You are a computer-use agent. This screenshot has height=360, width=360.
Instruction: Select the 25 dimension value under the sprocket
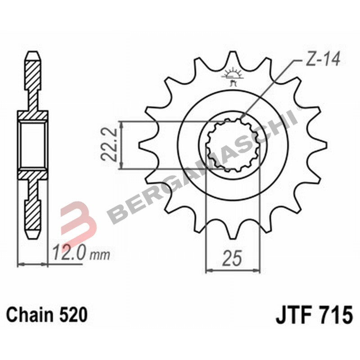[x=233, y=259]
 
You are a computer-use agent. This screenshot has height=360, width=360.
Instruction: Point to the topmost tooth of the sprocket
[x=233, y=58]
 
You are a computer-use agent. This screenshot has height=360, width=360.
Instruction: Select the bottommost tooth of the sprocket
[x=233, y=232]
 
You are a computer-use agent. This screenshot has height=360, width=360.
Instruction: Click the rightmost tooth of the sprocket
[x=320, y=145]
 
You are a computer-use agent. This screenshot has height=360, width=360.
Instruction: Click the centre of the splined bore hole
[x=233, y=145]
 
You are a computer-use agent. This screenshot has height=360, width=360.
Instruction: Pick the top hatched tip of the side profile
[x=32, y=67]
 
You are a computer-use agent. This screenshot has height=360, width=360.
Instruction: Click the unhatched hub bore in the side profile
[x=32, y=145]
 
